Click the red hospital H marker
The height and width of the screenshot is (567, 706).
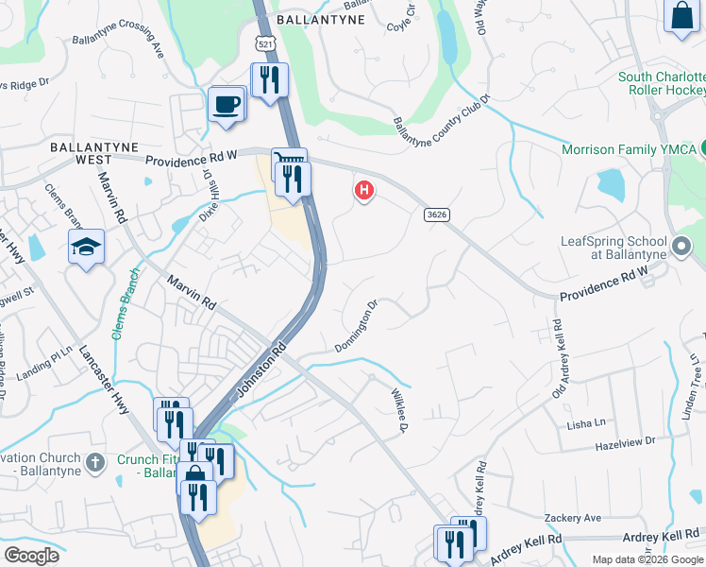pos(363,192)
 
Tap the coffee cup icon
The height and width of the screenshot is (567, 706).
pos(227,104)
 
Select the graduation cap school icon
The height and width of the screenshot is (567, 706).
pos(86,247)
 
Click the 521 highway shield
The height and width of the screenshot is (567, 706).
pos(264,42)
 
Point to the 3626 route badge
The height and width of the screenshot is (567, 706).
pos(436,215)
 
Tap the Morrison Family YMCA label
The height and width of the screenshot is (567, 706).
pos(629,149)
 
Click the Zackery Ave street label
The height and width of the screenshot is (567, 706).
pos(573,518)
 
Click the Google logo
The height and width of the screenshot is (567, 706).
pos(31,556)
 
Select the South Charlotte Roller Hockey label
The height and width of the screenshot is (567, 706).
pos(662,84)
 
